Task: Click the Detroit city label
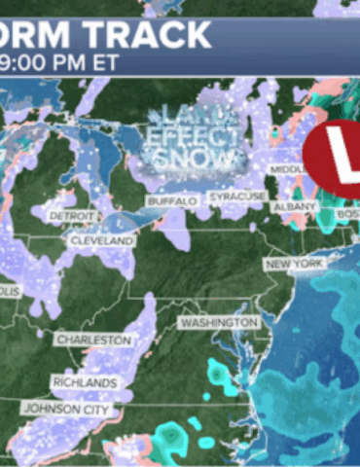pos(74,214)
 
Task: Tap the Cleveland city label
pos(101,239)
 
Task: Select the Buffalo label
pos(172,200)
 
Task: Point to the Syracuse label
pos(237,197)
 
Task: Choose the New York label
pos(293,265)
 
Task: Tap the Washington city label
pos(219,322)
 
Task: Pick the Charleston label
pos(92,340)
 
